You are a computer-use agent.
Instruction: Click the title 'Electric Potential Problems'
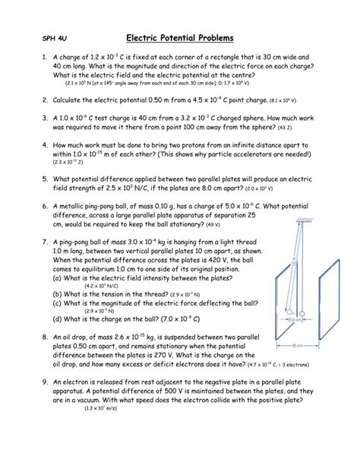pyautogui.click(x=180, y=37)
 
